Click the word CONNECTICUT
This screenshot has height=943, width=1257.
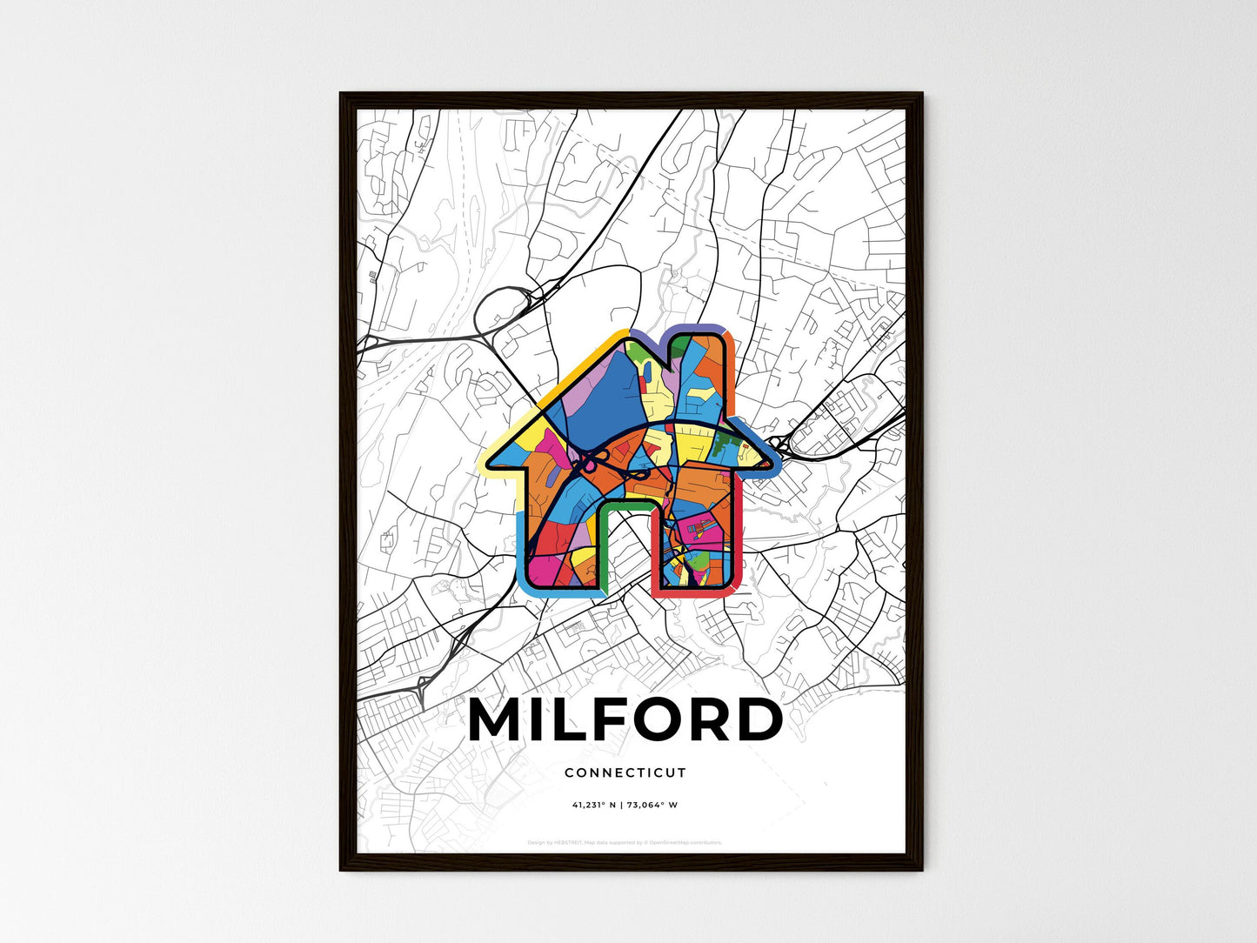[625, 772]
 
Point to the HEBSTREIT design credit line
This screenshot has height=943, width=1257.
[625, 842]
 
